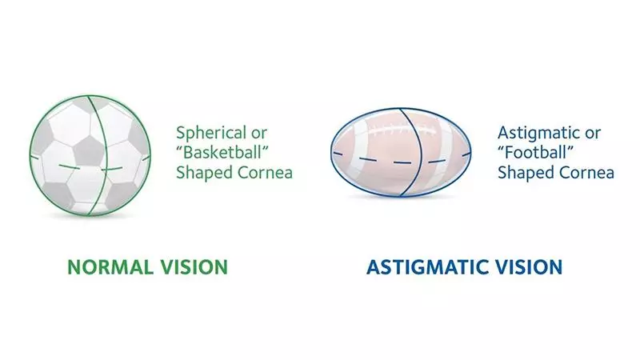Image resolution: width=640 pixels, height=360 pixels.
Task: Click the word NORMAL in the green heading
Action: point(110,267)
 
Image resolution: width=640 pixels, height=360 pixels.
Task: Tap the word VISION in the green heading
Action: point(194,267)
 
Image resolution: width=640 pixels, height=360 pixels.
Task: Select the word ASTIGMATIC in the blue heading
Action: point(427,267)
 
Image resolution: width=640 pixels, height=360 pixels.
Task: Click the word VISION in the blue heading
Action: point(529,267)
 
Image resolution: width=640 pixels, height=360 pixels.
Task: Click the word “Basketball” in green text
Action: point(222,153)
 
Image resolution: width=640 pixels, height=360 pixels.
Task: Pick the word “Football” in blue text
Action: point(535,153)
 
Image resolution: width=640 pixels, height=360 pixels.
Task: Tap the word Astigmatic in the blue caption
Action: point(537,134)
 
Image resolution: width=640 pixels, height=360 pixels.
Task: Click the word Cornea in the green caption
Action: point(265,173)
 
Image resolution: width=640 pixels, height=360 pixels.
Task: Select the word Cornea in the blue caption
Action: point(586,173)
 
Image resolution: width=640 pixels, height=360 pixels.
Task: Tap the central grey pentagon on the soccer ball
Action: point(88,151)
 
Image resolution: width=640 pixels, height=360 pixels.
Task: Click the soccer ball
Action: point(90,155)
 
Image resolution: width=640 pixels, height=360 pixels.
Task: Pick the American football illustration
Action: point(401,152)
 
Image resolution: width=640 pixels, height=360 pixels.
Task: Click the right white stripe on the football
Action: point(446,153)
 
